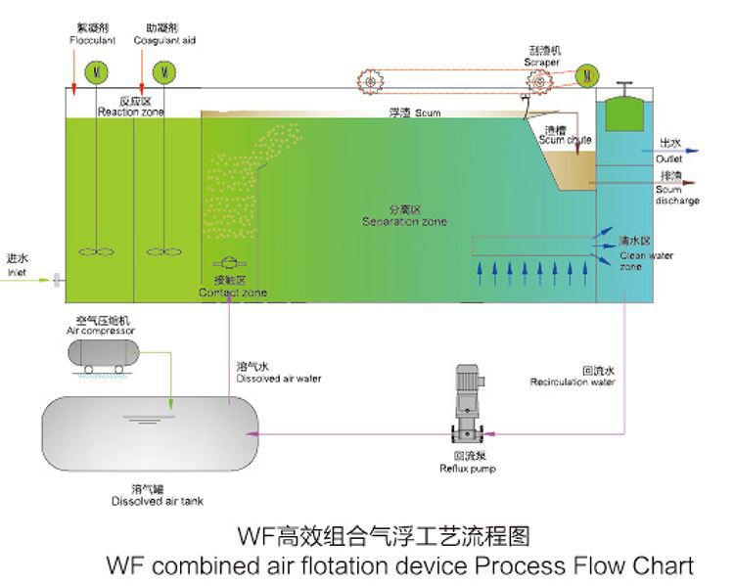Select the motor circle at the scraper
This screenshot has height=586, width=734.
click(587, 73)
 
